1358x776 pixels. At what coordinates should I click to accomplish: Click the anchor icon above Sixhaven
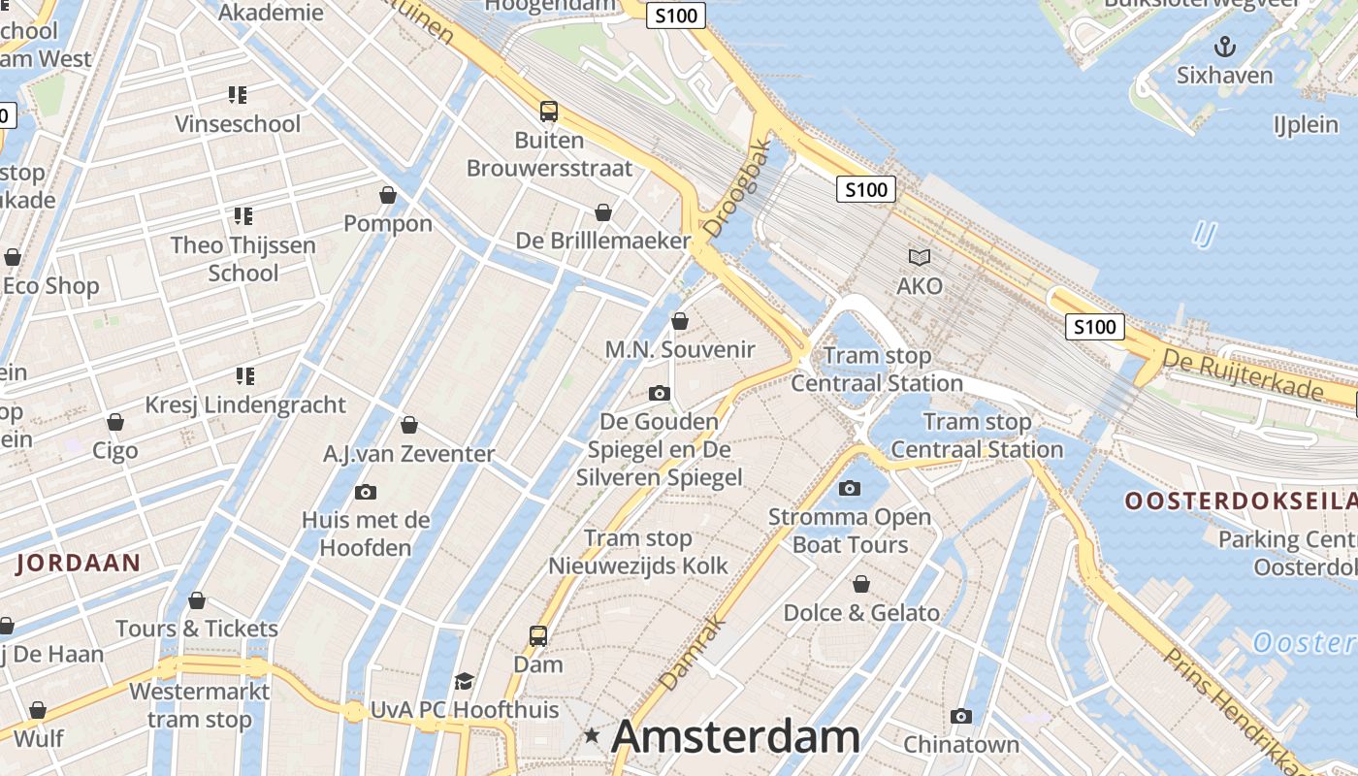click(1225, 46)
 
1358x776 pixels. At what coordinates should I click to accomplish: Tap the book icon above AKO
click(919, 257)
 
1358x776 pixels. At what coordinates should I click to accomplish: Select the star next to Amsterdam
click(592, 736)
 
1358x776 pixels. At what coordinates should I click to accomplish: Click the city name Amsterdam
click(735, 737)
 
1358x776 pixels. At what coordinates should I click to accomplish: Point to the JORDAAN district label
click(79, 562)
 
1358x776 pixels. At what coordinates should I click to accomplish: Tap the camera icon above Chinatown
click(961, 716)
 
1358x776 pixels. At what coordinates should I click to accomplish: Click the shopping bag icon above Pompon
click(388, 195)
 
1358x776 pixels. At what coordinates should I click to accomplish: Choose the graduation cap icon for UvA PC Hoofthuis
click(465, 681)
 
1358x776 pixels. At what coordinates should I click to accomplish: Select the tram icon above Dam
click(538, 636)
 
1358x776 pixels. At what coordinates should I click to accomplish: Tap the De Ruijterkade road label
click(1243, 376)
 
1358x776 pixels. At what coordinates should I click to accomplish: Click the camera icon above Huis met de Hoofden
click(366, 492)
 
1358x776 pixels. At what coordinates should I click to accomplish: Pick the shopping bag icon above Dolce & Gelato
click(860, 584)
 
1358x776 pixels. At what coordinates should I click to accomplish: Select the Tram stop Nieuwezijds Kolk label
click(638, 552)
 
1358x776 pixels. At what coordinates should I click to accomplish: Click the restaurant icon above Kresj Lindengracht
click(244, 375)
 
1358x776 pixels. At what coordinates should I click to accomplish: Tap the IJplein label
click(1306, 124)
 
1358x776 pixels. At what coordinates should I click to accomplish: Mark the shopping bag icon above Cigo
click(115, 422)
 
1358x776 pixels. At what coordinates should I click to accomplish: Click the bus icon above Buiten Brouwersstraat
click(549, 112)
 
